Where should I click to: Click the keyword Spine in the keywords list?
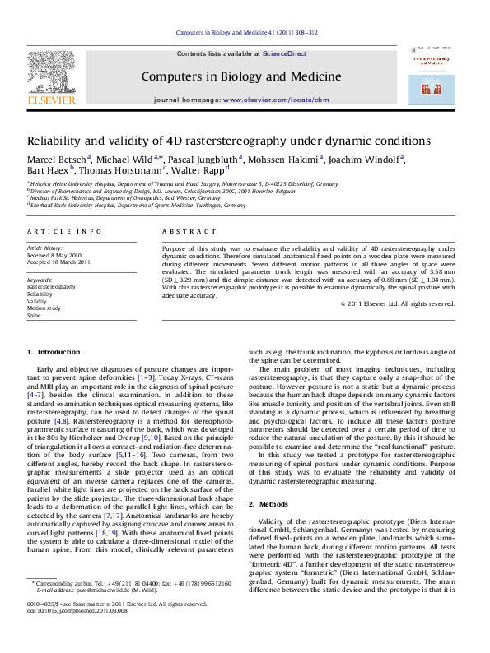[34, 315]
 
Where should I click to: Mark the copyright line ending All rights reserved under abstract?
[408, 303]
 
